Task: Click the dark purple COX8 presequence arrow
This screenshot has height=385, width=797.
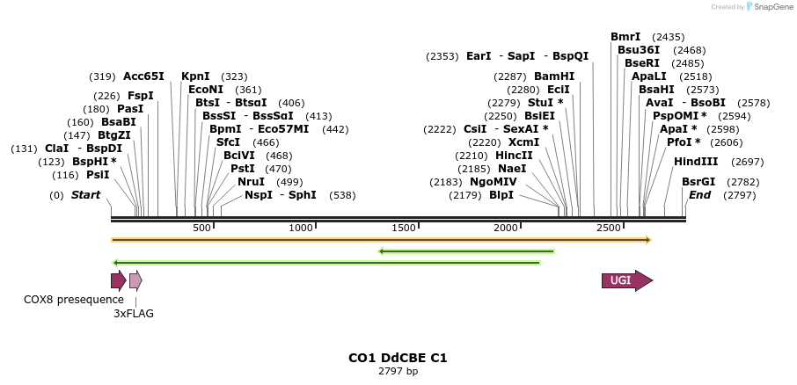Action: pos(118,280)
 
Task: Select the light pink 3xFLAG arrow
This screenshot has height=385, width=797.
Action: pos(135,280)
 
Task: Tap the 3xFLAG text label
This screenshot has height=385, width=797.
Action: pos(134,313)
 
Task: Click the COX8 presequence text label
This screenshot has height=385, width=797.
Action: pos(62,300)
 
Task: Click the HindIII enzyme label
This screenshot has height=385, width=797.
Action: pos(696,162)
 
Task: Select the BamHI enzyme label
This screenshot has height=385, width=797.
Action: pos(554,76)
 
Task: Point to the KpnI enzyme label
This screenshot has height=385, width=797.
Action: pos(195,76)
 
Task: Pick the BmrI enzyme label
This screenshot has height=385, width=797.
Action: pos(625,37)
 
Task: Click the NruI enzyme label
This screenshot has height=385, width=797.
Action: pos(251,182)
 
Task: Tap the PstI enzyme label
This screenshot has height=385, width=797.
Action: pos(242,169)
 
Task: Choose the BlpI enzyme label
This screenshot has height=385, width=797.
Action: pos(501,195)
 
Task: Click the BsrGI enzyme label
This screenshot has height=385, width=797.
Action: pos(698,182)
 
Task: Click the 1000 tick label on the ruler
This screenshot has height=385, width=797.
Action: pos(302,229)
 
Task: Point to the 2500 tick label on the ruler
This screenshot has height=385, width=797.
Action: pos(609,229)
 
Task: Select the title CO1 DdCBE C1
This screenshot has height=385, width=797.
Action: pos(398,358)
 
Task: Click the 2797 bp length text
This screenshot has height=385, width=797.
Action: pos(398,371)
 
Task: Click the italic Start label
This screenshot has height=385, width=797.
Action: pos(85,195)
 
